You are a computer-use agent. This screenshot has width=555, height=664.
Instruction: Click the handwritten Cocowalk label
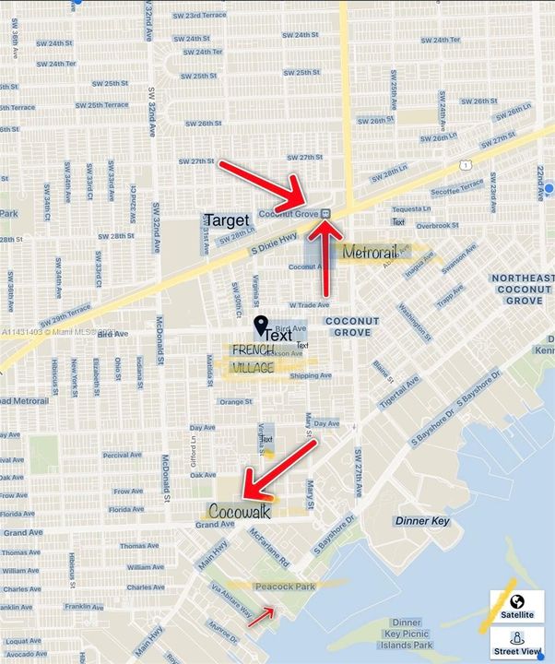pos(239,511)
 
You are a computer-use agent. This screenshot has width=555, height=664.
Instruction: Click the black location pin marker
pos(261,325)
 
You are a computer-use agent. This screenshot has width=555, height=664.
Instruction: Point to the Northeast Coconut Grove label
pos(523,289)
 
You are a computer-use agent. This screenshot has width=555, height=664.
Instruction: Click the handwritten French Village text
pos(253,358)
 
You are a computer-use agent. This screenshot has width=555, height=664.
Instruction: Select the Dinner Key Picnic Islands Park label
pos(407,634)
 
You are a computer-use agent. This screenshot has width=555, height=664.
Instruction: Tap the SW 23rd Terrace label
pos(199,16)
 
